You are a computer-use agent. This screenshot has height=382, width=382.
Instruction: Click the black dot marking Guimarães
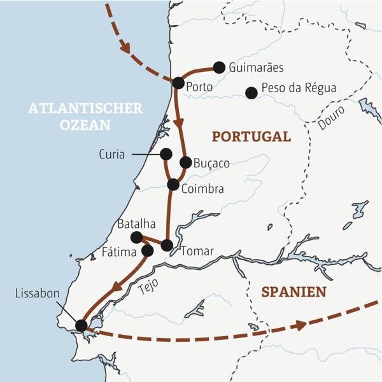tap(219, 67)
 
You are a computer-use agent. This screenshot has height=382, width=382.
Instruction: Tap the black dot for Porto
tap(178, 83)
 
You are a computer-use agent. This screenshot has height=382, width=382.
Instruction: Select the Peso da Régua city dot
tap(251, 93)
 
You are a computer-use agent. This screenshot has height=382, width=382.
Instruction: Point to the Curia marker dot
tap(166, 153)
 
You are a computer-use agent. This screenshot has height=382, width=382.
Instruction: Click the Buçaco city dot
tap(185, 162)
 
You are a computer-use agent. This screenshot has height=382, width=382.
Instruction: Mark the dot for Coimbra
tap(173, 185)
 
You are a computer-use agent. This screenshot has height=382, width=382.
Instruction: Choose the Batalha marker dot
tap(136, 237)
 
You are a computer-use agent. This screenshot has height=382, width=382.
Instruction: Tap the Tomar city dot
tap(167, 245)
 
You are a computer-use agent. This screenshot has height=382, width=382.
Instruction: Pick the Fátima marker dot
tap(148, 251)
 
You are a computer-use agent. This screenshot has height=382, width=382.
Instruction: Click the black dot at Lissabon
tap(81, 325)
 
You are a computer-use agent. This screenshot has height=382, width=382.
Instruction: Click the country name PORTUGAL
tap(251, 137)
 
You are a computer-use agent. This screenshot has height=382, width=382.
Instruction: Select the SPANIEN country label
tap(294, 292)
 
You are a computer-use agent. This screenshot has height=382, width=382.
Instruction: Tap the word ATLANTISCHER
tap(85, 109)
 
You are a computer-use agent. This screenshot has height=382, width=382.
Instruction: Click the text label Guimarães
tap(256, 67)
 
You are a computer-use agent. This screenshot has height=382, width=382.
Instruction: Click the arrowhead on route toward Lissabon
tap(117, 290)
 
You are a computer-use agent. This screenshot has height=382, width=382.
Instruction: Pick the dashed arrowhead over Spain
tap(299, 325)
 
